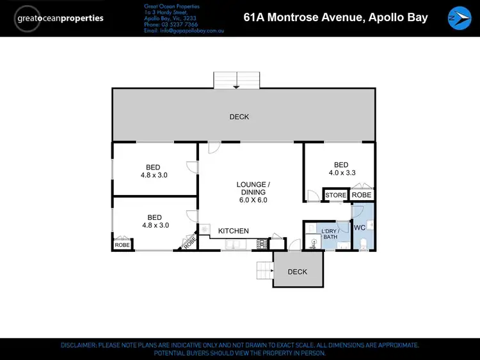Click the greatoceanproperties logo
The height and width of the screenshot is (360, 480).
click(61, 18)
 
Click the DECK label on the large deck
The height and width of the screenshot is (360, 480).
click(239, 117)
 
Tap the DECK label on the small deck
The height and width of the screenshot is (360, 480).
click(297, 272)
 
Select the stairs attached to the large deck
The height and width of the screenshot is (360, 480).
click(237, 81)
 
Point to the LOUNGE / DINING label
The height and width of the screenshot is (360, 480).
click(253, 192)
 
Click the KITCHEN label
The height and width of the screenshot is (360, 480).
click(234, 231)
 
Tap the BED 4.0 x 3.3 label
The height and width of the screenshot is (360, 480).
click(341, 168)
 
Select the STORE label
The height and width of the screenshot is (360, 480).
click(335, 195)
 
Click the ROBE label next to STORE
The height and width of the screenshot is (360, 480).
click(362, 195)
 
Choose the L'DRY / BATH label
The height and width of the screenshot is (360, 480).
click(330, 233)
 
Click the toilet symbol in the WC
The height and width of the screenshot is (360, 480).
click(363, 242)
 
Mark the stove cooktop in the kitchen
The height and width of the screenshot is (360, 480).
click(261, 244)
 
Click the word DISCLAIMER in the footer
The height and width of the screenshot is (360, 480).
click(77, 345)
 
